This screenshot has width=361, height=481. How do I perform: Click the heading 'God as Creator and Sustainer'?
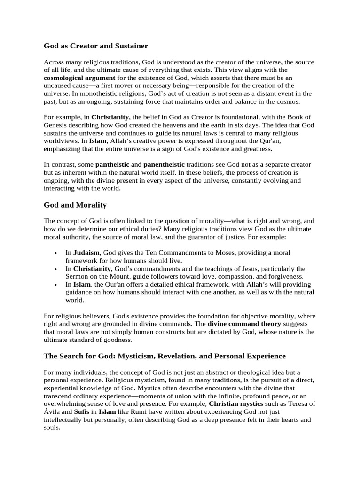(x=95, y=46)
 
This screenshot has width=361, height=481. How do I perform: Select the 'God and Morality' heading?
(x=75, y=205)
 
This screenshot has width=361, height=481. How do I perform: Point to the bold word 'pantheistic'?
(x=112, y=165)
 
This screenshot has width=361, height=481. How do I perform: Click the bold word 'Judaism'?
(x=86, y=253)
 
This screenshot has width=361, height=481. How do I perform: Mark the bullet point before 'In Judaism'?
(x=56, y=253)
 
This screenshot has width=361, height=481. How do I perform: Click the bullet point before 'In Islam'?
(x=56, y=285)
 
